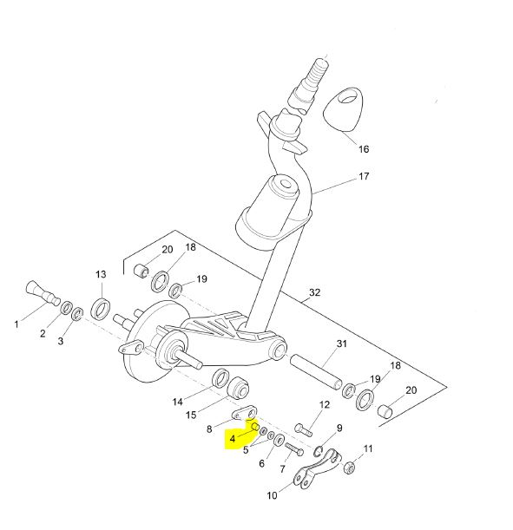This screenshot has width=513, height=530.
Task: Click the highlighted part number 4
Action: click(x=233, y=439)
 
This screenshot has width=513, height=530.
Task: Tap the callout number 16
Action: click(x=364, y=149)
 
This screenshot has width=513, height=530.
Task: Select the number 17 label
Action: click(x=364, y=176)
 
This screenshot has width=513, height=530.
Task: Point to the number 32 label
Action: click(x=314, y=292)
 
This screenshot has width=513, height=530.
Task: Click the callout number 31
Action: click(x=342, y=344)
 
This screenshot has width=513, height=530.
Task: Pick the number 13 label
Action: click(x=101, y=274)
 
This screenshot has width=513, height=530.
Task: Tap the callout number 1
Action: click(x=16, y=324)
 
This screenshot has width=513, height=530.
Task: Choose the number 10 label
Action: click(x=272, y=495)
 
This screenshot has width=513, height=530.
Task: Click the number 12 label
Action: click(x=325, y=404)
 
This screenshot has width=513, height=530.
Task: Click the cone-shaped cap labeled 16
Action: click(x=343, y=109)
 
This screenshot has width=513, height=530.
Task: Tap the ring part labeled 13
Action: click(x=101, y=308)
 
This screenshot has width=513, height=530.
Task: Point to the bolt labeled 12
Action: click(x=303, y=429)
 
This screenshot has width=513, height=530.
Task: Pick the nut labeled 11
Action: click(x=349, y=468)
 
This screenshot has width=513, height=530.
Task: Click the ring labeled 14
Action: click(x=220, y=377)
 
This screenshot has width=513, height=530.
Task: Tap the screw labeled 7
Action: click(x=294, y=449)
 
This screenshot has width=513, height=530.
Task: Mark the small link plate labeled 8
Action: click(x=245, y=413)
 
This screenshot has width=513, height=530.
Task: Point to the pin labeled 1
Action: click(x=43, y=292)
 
